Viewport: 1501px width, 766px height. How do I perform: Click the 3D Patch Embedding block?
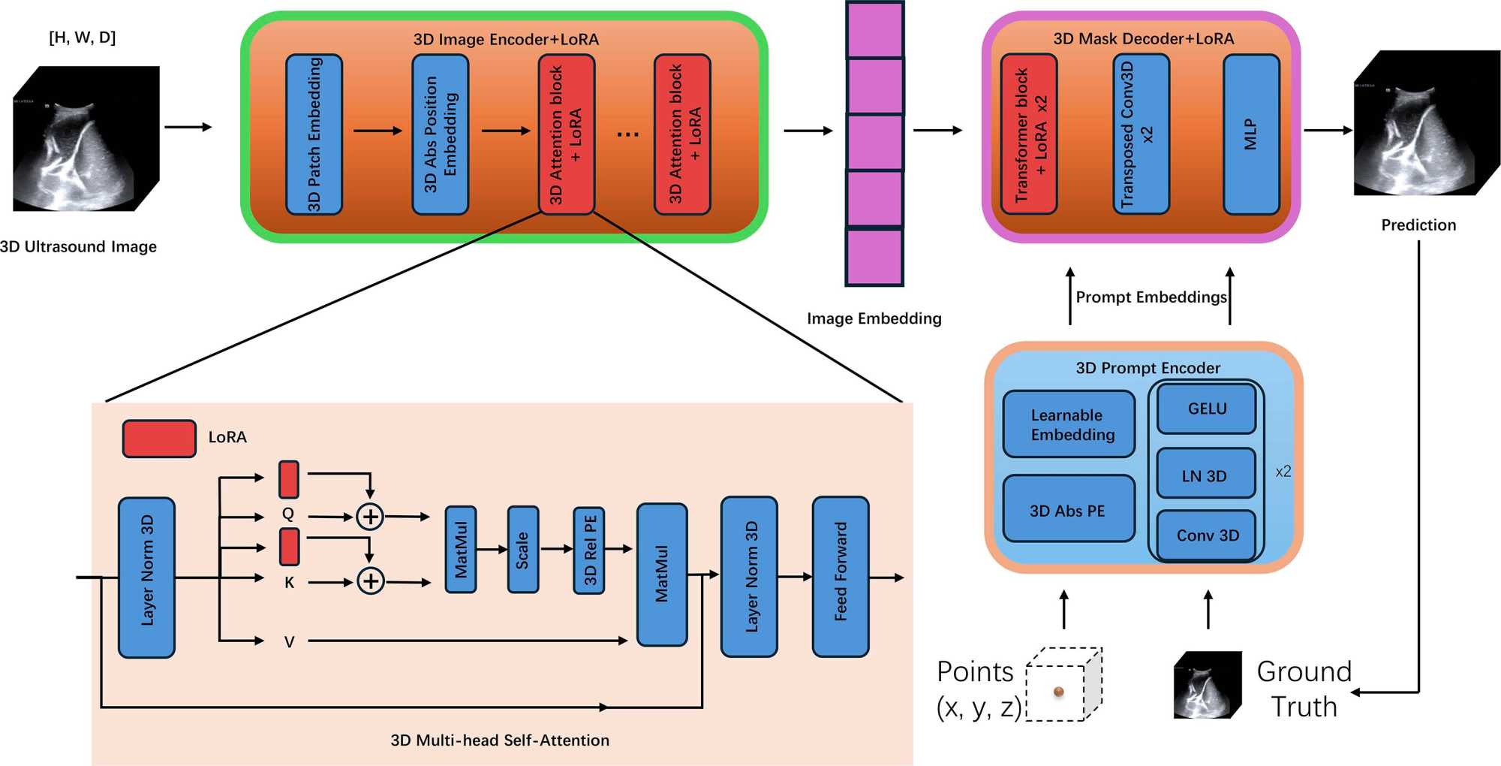coord(314,134)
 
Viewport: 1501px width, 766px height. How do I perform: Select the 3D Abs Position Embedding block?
coord(440,134)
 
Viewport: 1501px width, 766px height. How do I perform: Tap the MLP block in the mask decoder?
coord(1251,134)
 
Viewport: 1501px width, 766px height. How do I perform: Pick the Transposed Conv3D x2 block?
coord(1141,134)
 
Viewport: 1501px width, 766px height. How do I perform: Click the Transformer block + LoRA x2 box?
coord(1029,134)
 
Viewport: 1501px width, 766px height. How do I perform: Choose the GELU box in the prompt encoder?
coord(1207,409)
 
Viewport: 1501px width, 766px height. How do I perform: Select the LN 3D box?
coord(1205,475)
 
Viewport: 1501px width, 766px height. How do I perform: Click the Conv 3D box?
coord(1207,535)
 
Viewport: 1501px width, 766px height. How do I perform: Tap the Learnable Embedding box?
coord(1069,424)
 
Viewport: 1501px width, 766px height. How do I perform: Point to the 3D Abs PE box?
coord(1068,510)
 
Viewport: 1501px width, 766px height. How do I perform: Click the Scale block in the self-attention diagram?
coord(522,550)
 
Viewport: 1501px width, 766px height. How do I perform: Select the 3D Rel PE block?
coord(589,550)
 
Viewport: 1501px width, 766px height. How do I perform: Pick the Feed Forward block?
coord(841,575)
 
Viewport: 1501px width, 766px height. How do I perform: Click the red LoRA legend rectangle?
coord(159,439)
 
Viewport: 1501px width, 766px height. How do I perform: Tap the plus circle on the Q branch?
coord(369,517)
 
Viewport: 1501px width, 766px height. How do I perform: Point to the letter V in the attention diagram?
coord(289,642)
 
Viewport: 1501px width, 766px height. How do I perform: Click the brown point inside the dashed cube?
coord(1059,691)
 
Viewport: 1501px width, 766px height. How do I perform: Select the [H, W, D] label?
coord(83,38)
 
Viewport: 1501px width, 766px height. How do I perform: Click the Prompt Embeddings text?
coord(1151,297)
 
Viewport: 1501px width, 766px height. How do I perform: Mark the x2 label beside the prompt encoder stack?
coord(1283,472)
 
